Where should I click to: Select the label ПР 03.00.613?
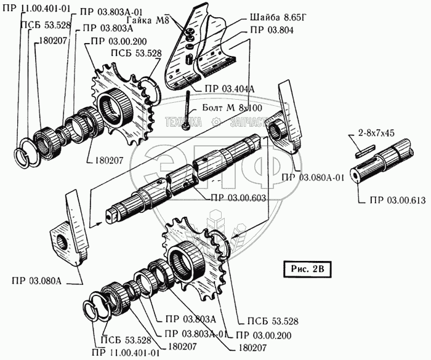[398, 200]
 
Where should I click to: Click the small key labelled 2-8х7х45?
[364, 147]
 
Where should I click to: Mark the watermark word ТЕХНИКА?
[183, 122]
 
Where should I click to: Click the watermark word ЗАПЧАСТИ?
[246, 122]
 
